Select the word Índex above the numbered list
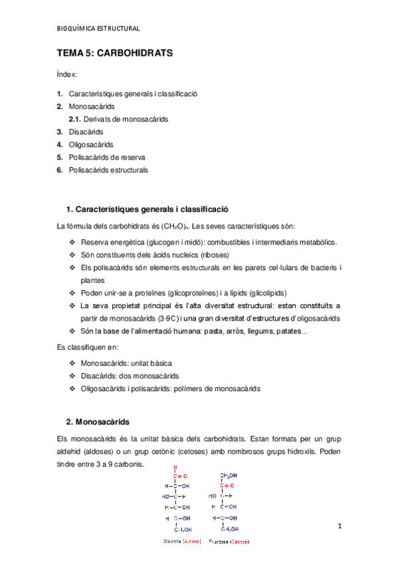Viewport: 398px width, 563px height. (x=68, y=75)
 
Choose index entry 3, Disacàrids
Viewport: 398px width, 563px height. (x=86, y=131)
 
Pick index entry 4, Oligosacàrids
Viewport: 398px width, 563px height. (x=91, y=144)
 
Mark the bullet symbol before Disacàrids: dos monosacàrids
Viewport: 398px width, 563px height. (x=72, y=376)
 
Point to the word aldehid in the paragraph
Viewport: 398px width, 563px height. (x=71, y=451)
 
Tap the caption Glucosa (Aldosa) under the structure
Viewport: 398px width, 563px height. (x=181, y=541)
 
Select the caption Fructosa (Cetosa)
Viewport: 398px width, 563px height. (x=229, y=541)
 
